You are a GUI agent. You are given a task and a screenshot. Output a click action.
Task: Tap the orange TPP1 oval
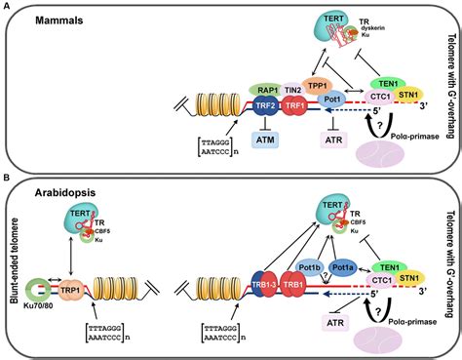(291, 85)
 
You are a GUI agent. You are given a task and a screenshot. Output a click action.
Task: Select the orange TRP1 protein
(72, 291)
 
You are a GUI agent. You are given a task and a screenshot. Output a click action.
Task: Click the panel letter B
(8, 180)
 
